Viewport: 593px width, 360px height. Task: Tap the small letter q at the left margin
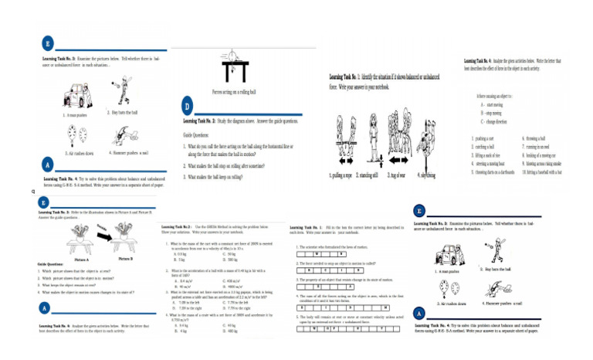pyautogui.click(x=33, y=191)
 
